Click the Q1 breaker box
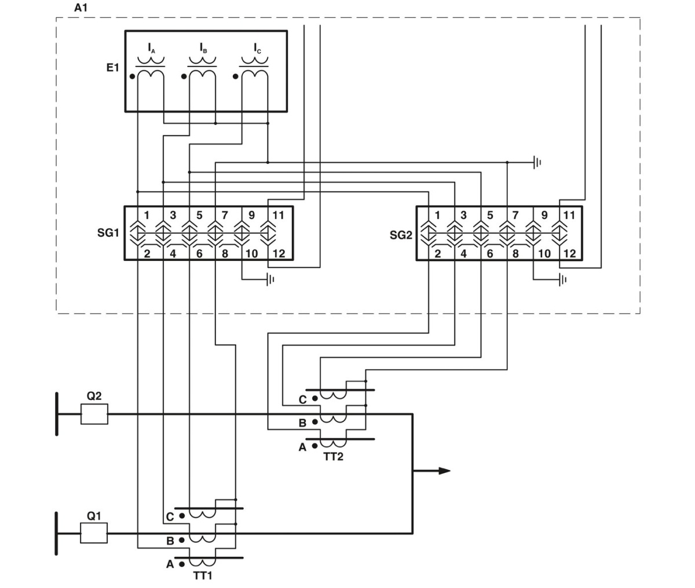tap(94, 533)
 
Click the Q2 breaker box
tap(94, 414)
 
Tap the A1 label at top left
tap(81, 8)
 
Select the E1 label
tap(112, 68)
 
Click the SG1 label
tap(108, 233)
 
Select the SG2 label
tap(401, 236)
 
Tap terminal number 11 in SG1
tap(278, 215)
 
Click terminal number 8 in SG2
tap(515, 253)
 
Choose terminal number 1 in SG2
tap(437, 215)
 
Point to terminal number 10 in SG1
tap(251, 253)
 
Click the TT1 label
tap(202, 575)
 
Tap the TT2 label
tap(333, 457)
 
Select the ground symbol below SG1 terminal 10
tap(270, 280)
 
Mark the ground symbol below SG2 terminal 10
tap(562, 280)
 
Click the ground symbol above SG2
tap(537, 163)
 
